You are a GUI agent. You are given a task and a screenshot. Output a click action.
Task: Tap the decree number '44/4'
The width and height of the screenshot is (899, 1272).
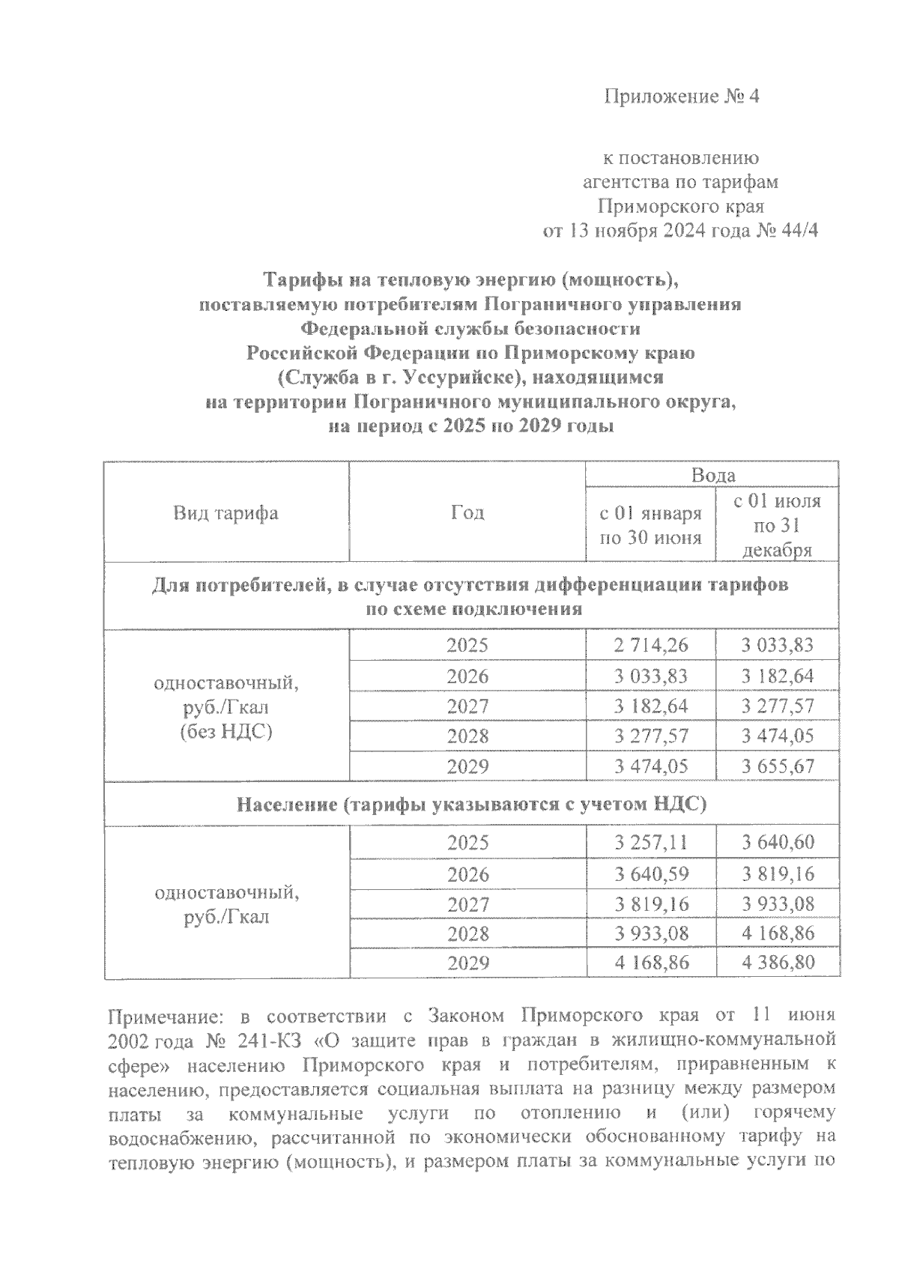pyautogui.click(x=799, y=230)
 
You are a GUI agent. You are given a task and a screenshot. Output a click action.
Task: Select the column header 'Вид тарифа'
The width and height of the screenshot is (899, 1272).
pyautogui.click(x=225, y=513)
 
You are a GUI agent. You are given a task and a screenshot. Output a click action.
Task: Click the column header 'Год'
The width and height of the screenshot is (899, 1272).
pyautogui.click(x=467, y=513)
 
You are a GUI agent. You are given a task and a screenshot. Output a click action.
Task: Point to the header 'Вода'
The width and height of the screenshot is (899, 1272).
pyautogui.click(x=712, y=475)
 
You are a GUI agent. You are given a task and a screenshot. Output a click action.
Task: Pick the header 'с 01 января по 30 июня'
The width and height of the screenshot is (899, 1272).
pyautogui.click(x=650, y=525)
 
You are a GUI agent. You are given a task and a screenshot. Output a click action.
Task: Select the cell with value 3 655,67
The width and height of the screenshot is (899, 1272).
pyautogui.click(x=778, y=766)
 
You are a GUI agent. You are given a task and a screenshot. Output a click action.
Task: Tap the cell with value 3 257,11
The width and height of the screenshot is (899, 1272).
pyautogui.click(x=650, y=843)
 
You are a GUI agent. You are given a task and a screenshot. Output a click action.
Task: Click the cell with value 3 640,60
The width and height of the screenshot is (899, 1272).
pyautogui.click(x=778, y=843)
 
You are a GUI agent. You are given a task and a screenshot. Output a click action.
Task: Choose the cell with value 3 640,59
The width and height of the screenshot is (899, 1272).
pyautogui.click(x=650, y=874)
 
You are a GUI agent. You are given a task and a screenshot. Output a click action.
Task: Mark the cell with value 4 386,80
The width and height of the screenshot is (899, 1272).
pyautogui.click(x=778, y=963)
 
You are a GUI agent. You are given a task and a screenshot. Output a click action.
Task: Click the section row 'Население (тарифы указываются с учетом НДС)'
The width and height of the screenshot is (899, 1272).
pyautogui.click(x=471, y=805)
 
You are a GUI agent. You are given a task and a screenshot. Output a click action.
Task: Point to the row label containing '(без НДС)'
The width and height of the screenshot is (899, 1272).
pyautogui.click(x=225, y=731)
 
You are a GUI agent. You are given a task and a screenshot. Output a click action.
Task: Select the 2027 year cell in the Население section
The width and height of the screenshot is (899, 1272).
pyautogui.click(x=467, y=904)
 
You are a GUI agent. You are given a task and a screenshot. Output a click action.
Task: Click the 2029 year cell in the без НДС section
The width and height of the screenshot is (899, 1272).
pyautogui.click(x=467, y=766)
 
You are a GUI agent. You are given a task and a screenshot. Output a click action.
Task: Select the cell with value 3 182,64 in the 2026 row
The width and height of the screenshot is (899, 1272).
pyautogui.click(x=778, y=676)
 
